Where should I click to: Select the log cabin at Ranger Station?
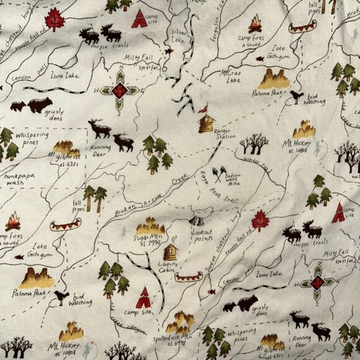coord(205,123)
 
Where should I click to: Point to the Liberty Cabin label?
coord(168,267)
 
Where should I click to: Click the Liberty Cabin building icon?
coord(170,251)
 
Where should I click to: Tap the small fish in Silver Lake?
coord(168,51)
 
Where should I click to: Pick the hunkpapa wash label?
coord(19,180)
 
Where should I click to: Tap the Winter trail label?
coord(257,164)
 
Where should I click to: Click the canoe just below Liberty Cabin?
coord(189,277)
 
